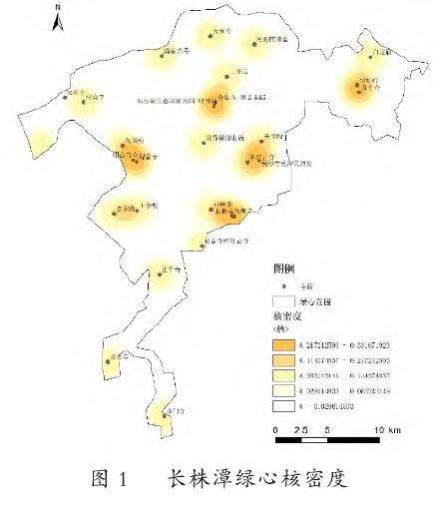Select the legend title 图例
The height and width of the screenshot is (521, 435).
[x=283, y=269]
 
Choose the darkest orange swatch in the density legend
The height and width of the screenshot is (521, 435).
[x=284, y=345]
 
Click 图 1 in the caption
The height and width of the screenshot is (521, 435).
[x=110, y=478]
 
